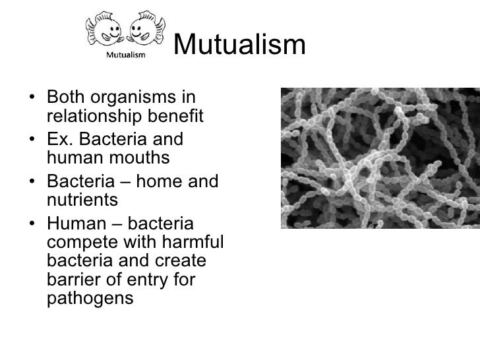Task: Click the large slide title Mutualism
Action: tap(241, 45)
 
